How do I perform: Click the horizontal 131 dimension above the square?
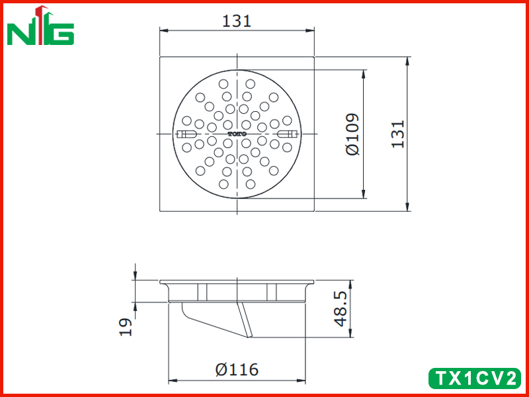pyautogui.click(x=237, y=21)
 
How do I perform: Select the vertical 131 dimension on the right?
pyautogui.click(x=398, y=134)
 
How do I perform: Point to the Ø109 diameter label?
pyautogui.click(x=352, y=134)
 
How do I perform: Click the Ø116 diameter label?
pyautogui.click(x=237, y=369)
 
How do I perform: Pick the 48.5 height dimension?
pyautogui.click(x=341, y=309)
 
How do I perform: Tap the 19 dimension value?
pyautogui.click(x=126, y=327)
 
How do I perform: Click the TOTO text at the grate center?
pyautogui.click(x=237, y=134)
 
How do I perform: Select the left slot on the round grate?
pyautogui.click(x=187, y=134)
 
